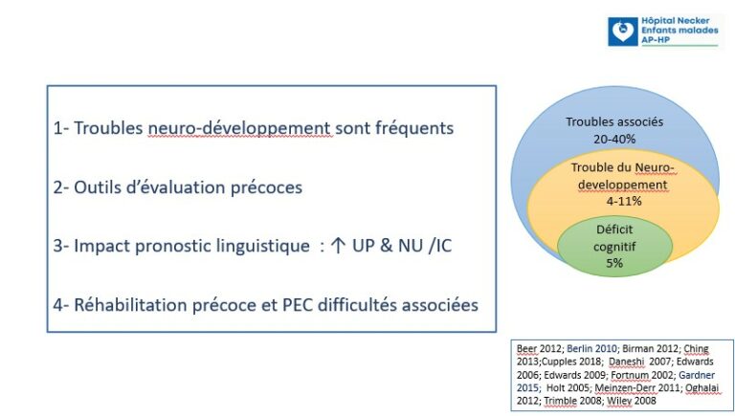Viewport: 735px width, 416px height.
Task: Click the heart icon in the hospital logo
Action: pos(623,32)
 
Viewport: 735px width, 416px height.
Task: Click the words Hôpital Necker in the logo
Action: pos(676,21)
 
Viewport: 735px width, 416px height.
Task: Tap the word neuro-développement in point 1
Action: pos(239,128)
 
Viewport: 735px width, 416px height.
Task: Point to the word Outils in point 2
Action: pos(96,187)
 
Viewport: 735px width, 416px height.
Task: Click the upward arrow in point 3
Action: pos(338,246)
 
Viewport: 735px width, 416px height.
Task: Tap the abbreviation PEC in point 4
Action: pos(298,305)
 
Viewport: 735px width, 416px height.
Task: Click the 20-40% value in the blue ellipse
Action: pos(614,139)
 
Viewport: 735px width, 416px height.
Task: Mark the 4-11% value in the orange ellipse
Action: pos(624,201)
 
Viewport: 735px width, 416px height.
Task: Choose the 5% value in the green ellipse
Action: pos(614,263)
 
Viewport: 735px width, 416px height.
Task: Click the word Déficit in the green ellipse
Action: pos(614,230)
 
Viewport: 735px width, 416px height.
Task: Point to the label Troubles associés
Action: pos(614,121)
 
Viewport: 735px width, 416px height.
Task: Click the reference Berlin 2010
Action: pos(591,349)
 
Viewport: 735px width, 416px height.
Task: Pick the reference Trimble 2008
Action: pos(572,401)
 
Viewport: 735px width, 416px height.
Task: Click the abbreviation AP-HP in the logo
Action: pos(656,40)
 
